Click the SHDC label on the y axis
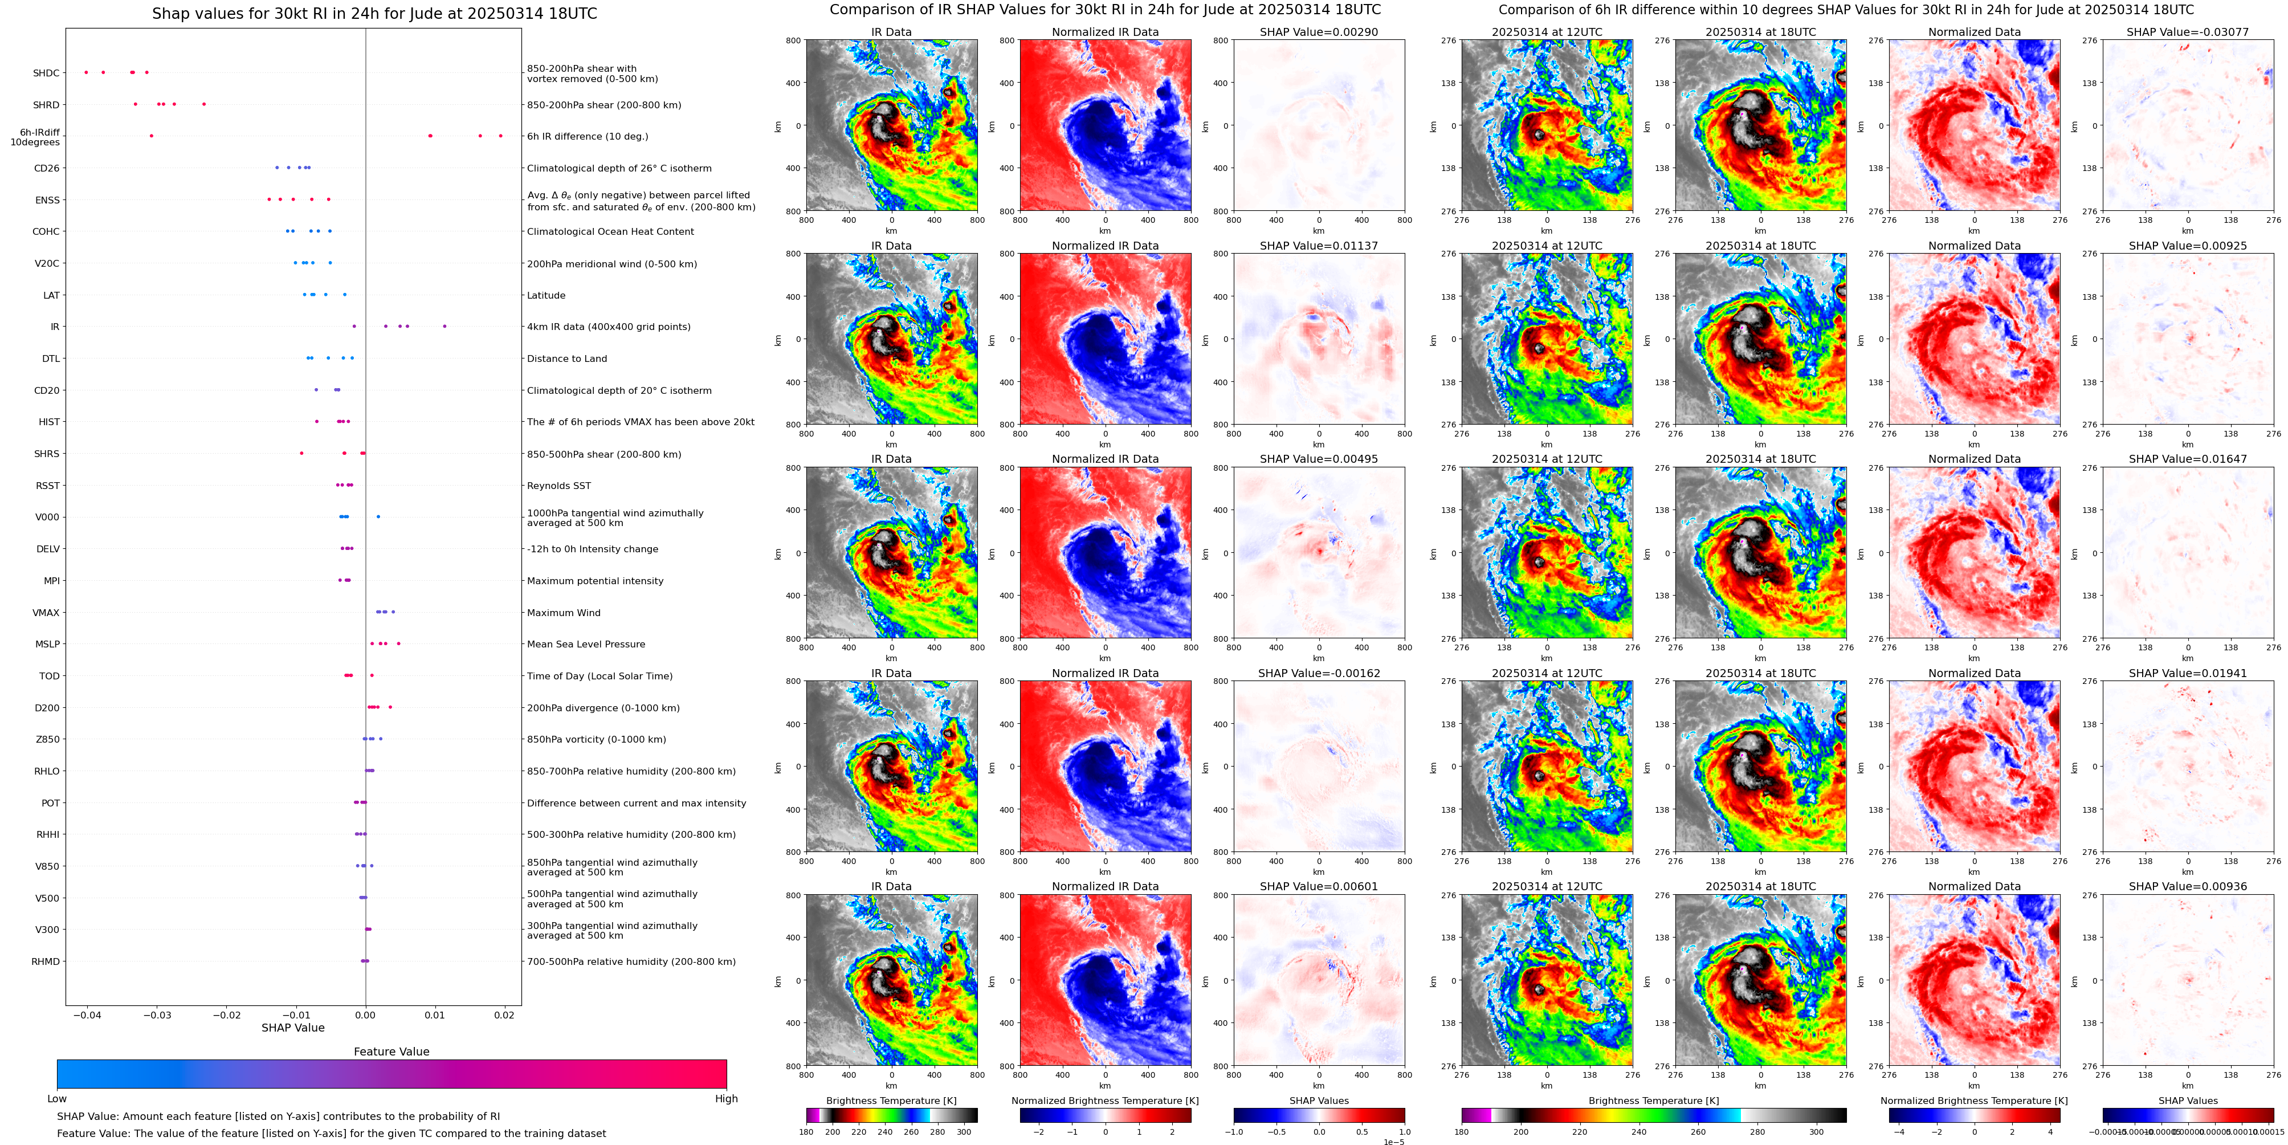tap(46, 73)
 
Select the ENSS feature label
tap(48, 200)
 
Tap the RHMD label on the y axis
tap(46, 961)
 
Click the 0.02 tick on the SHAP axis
tap(504, 1014)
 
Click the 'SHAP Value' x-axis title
tap(293, 1028)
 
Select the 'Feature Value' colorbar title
tap(391, 1052)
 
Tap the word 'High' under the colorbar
tap(727, 1099)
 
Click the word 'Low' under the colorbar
tap(57, 1099)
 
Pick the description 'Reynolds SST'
tap(558, 486)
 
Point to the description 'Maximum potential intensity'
tap(595, 581)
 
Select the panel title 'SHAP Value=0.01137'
tap(1319, 246)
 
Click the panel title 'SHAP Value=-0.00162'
tap(1319, 673)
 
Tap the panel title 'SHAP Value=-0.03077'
tap(2188, 32)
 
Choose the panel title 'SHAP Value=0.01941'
tap(2188, 673)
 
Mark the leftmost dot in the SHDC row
tap(86, 72)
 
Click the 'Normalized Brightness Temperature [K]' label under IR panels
tap(1105, 1101)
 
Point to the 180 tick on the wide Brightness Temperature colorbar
tap(1462, 1132)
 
